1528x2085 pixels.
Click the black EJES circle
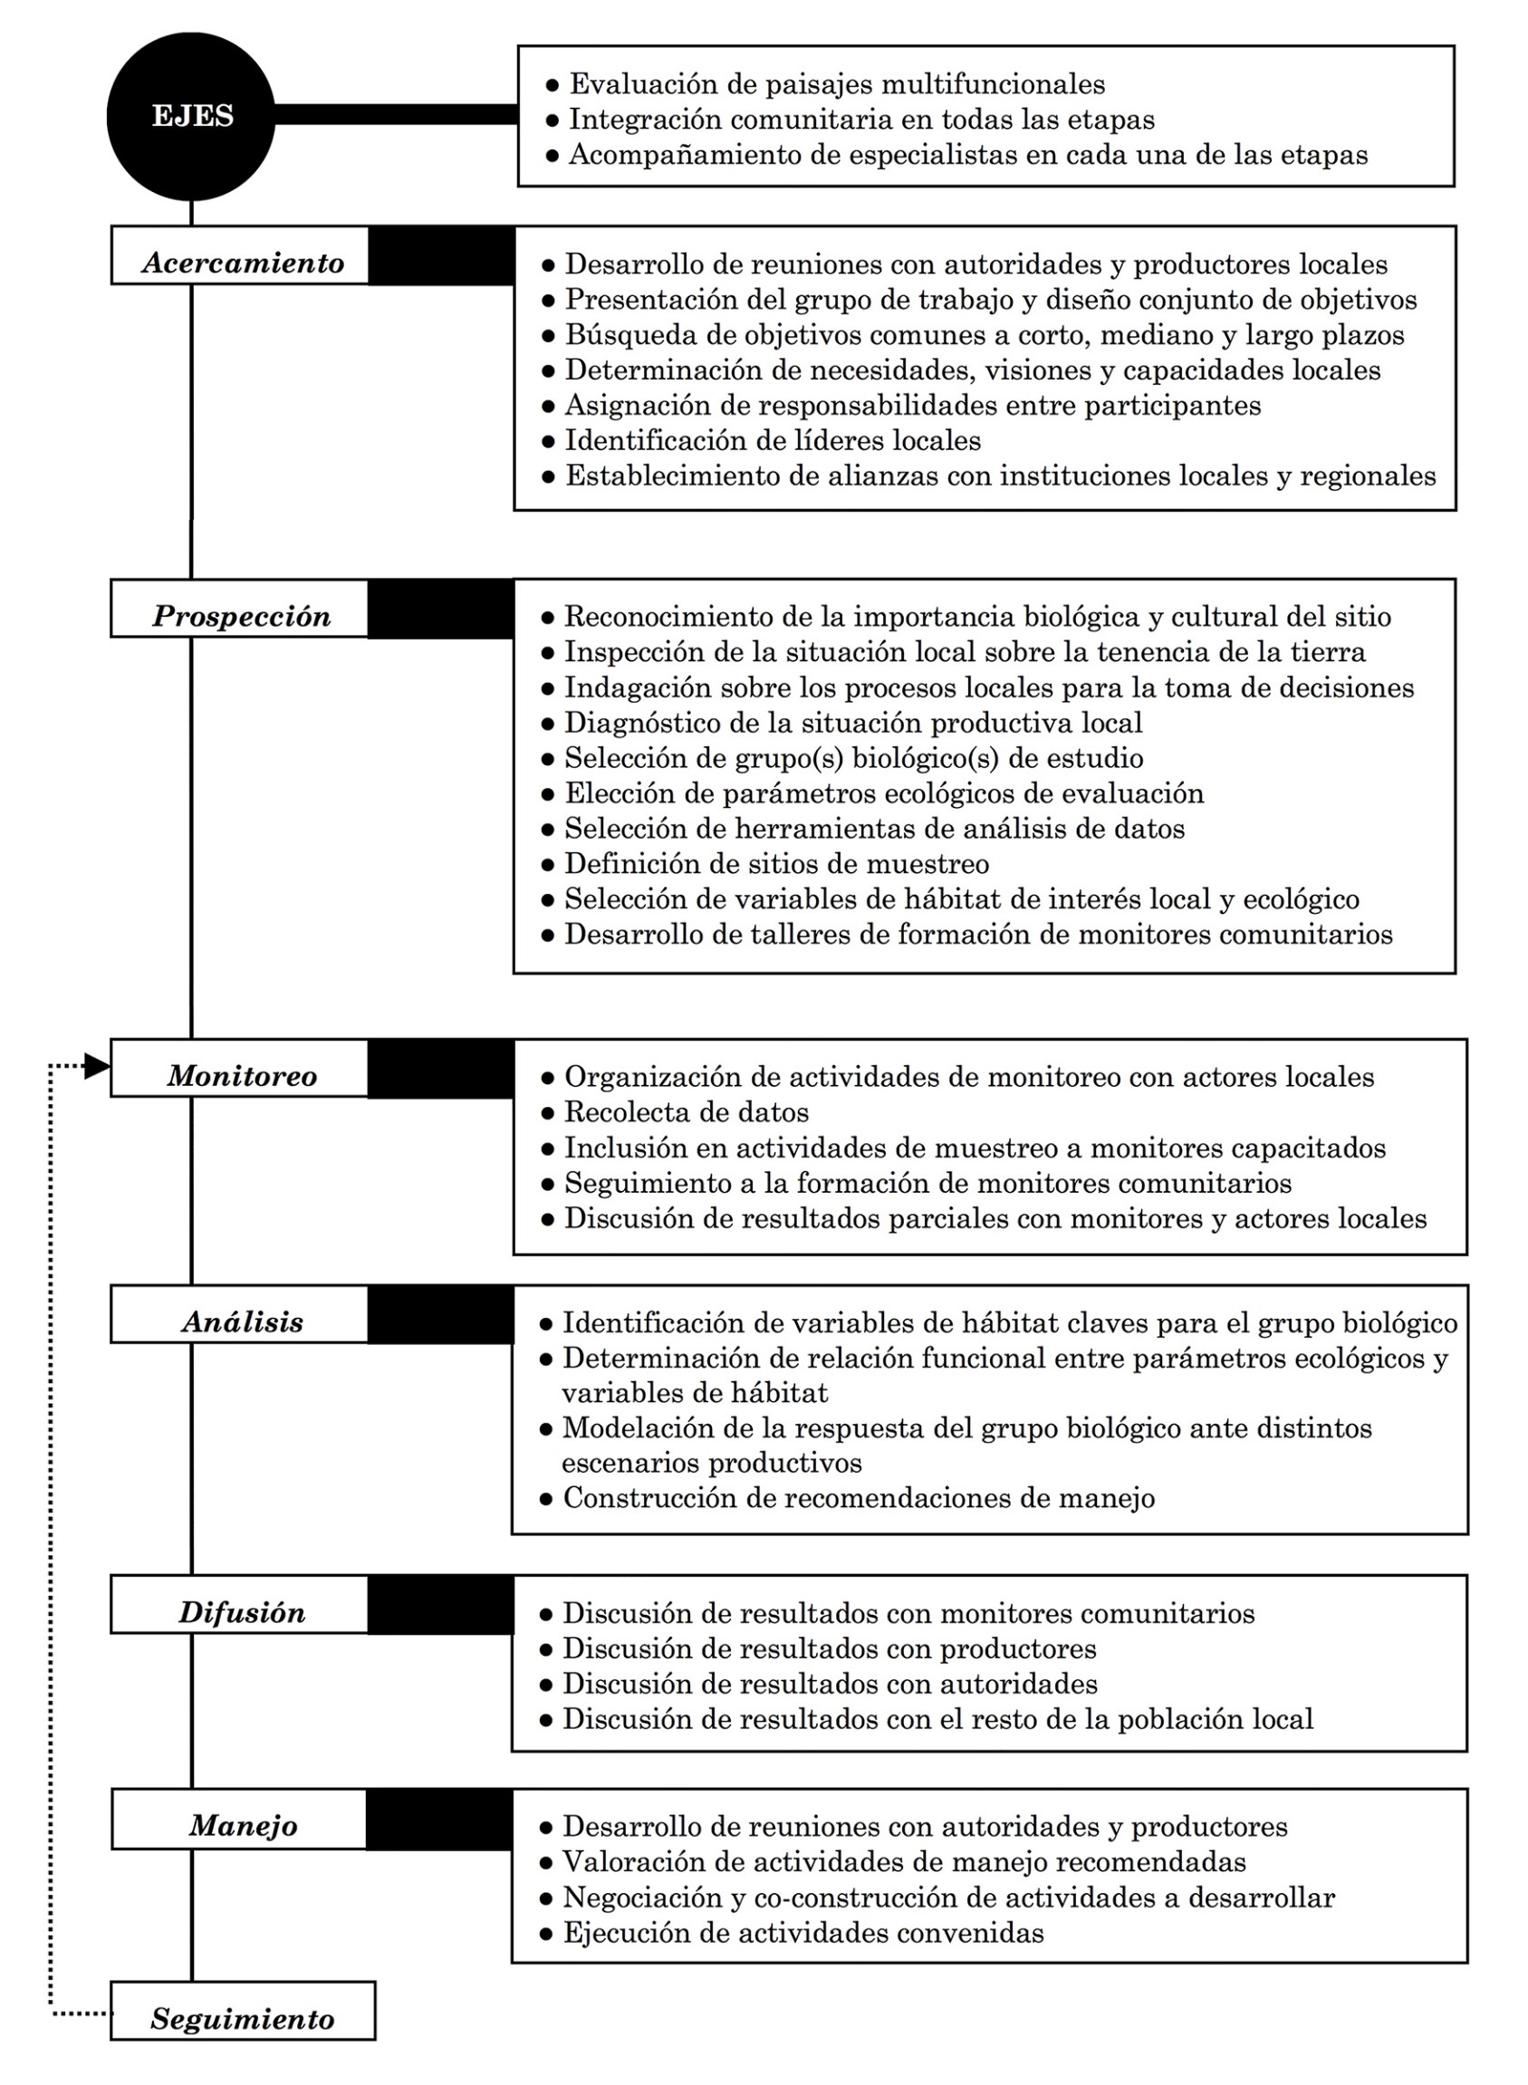[x=191, y=117]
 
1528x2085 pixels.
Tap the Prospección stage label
[x=241, y=616]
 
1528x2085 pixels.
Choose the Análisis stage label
[x=241, y=1321]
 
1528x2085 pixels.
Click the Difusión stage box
[x=241, y=1612]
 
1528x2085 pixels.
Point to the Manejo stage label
[x=243, y=1825]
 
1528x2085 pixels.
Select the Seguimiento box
[x=243, y=2017]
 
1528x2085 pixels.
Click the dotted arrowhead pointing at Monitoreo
[x=96, y=1067]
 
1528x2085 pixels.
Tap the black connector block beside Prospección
[x=440, y=609]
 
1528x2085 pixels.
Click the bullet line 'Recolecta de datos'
[x=687, y=1112]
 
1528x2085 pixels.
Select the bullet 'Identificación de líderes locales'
[x=773, y=440]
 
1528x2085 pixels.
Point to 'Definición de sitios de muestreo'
[x=776, y=864]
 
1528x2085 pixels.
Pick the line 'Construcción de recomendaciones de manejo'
[x=859, y=1497]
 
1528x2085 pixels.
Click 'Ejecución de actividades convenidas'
[x=802, y=1932]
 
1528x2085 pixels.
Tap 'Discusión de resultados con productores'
[x=829, y=1648]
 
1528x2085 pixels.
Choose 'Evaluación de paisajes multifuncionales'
[x=836, y=84]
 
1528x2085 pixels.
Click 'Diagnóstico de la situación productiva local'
[x=853, y=723]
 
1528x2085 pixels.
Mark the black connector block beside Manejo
[x=439, y=1820]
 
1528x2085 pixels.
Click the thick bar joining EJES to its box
[x=396, y=114]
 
